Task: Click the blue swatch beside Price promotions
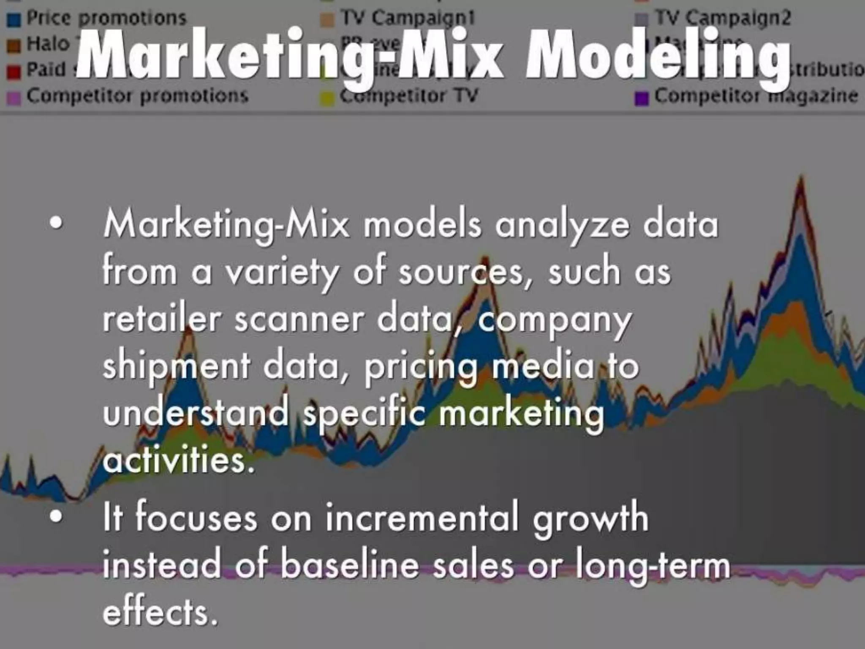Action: (x=15, y=19)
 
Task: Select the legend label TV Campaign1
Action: (x=408, y=18)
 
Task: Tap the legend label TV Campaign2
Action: (x=722, y=18)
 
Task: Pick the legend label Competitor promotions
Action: (x=137, y=96)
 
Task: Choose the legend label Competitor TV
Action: (x=409, y=96)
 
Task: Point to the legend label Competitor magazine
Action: (x=756, y=96)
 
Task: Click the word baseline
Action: (x=350, y=565)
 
